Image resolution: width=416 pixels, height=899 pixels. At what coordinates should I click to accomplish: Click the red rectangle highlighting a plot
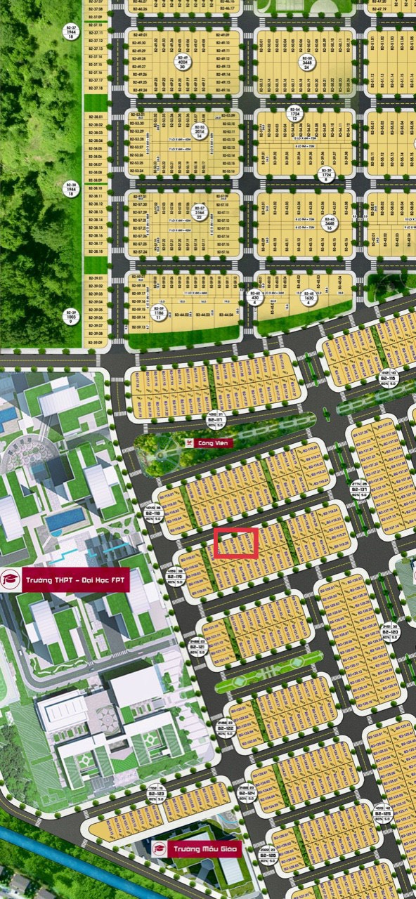(x=236, y=543)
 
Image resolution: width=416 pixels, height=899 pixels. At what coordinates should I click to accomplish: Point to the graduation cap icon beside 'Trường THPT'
(x=11, y=580)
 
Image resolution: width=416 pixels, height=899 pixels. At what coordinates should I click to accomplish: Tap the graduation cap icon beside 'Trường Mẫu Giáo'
(x=158, y=848)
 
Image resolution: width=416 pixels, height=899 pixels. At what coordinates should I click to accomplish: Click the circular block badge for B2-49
(x=183, y=62)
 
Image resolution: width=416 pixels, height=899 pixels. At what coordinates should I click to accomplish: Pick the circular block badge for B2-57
(x=200, y=213)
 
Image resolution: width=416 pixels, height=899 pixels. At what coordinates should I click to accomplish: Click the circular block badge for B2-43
(x=329, y=223)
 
